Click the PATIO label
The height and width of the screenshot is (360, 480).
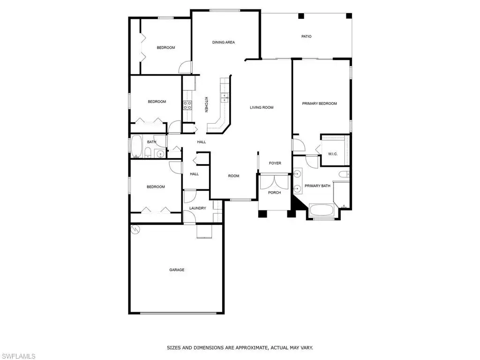point(306,37)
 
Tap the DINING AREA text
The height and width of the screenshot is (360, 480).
point(224,42)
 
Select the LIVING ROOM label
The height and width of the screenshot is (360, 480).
point(262,107)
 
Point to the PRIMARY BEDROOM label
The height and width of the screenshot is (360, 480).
point(319,104)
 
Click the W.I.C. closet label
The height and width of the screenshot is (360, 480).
point(333,154)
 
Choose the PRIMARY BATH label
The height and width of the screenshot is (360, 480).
point(317,186)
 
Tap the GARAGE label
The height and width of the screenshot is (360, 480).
point(177,270)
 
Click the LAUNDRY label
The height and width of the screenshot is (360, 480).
point(197,208)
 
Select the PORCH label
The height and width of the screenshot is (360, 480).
point(274,193)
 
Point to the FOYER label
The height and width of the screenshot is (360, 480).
point(275,163)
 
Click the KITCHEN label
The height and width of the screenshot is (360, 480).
point(206,105)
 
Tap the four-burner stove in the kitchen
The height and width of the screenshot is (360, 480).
point(187,105)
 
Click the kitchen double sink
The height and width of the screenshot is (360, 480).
point(225,97)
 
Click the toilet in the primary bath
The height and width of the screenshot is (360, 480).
point(344,174)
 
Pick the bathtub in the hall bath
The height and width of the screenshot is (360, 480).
point(136,146)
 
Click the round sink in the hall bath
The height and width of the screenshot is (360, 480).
point(160,154)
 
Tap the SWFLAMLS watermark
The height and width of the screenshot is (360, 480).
point(18,356)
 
